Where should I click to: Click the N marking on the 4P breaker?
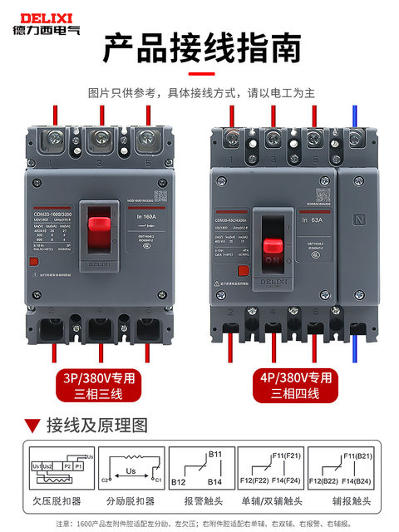361,220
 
